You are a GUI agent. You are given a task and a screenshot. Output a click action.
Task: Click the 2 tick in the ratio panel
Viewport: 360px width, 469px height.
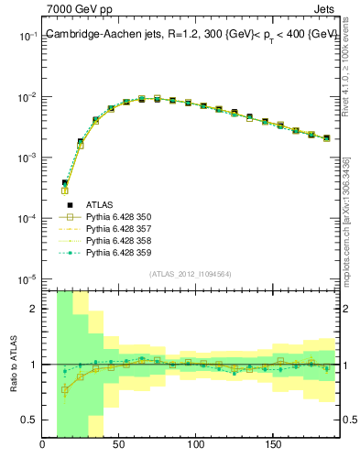(35, 309)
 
